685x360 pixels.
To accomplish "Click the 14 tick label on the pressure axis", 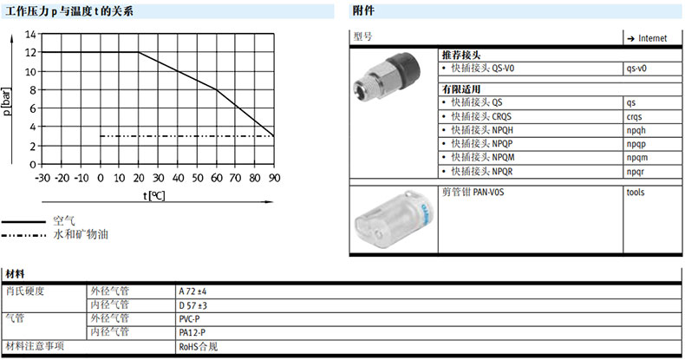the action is [30, 34].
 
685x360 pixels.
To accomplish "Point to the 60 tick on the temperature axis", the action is [217, 178].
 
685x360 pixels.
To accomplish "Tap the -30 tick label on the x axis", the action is [42, 178].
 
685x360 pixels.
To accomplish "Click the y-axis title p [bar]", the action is [7, 101].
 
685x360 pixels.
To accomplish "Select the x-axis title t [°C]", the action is [154, 196].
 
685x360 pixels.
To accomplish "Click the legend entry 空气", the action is [64, 221].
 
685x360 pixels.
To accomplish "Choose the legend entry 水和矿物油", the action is [81, 234].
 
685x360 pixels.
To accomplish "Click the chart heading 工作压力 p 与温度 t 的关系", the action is [69, 11].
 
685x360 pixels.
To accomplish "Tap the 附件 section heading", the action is [363, 11].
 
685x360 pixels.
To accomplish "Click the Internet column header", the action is [647, 38].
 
